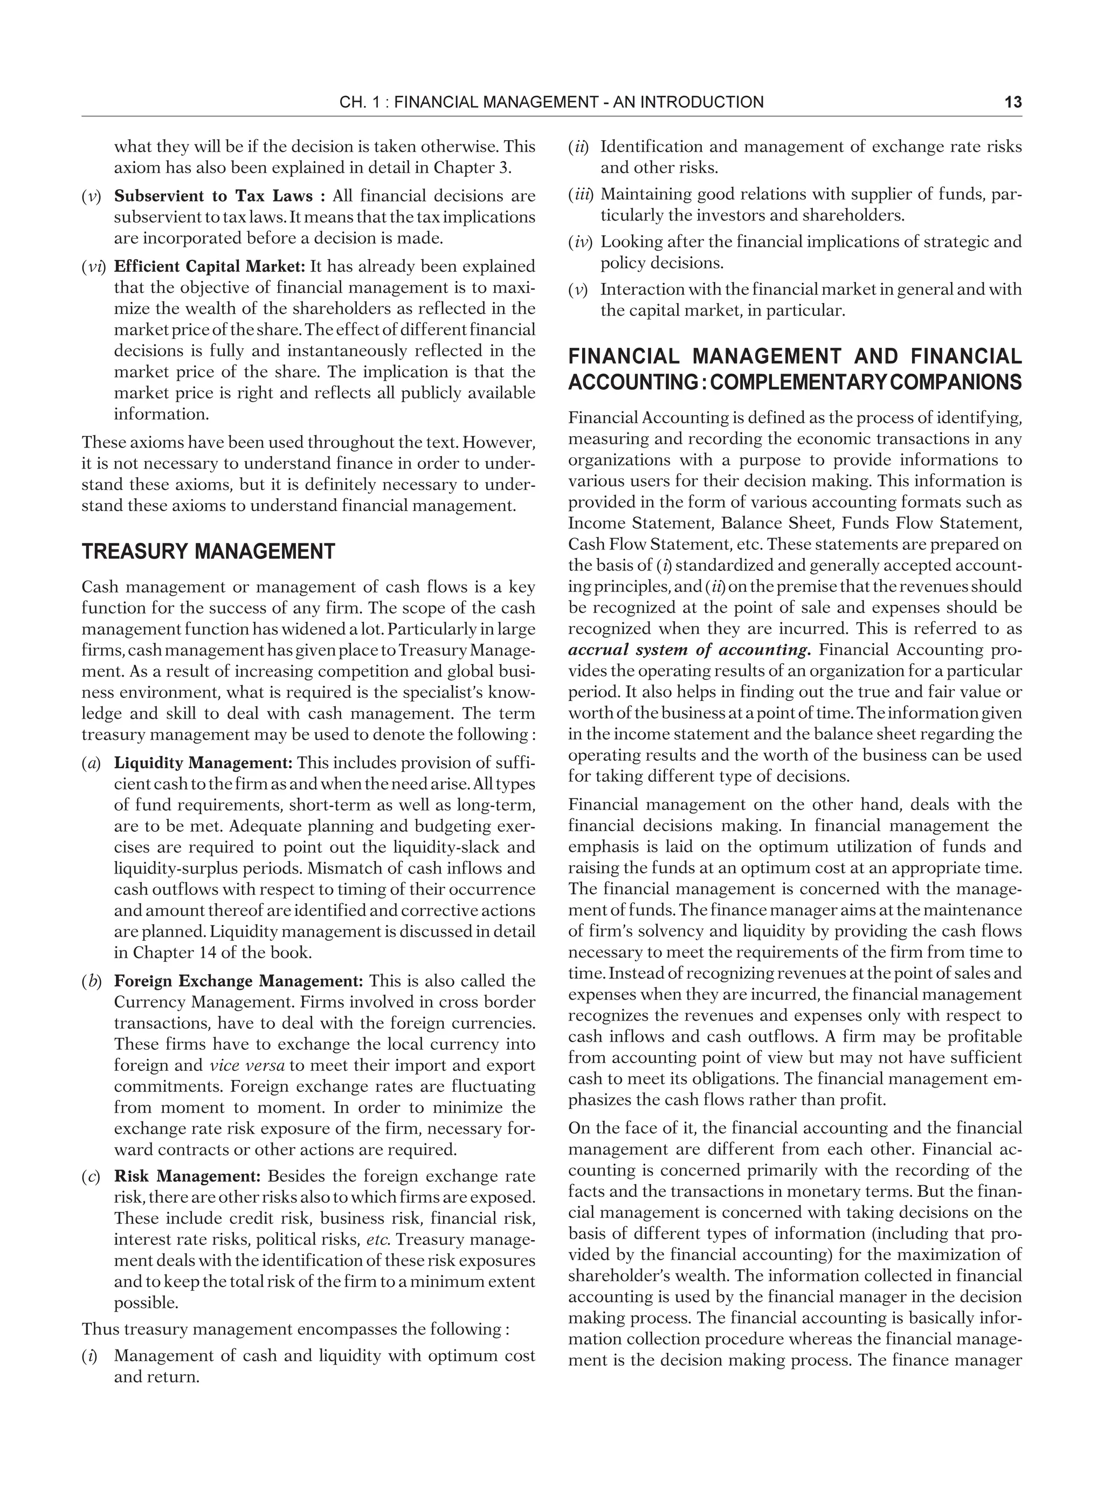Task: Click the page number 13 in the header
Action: coord(1012,102)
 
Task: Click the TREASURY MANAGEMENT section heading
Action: coord(208,552)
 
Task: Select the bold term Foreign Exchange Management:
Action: coord(239,981)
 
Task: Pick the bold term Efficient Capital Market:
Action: coord(209,267)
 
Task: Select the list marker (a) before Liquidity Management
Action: coord(91,762)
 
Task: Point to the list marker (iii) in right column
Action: coord(582,195)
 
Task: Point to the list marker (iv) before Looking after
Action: coord(581,242)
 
